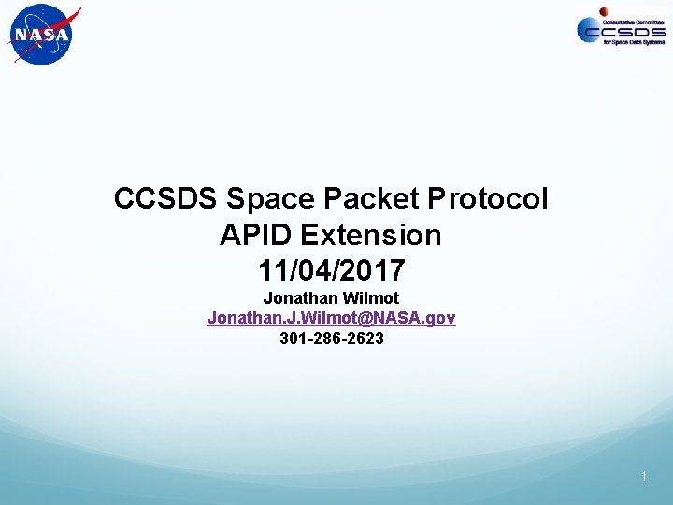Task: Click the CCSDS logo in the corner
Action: point(621,30)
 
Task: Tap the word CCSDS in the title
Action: point(166,199)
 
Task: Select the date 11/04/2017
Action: point(331,270)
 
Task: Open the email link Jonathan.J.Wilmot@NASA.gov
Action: point(331,318)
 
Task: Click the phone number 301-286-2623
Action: point(331,338)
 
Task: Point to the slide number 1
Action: point(644,477)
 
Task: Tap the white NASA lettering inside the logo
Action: point(40,36)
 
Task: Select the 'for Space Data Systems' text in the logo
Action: point(633,44)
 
